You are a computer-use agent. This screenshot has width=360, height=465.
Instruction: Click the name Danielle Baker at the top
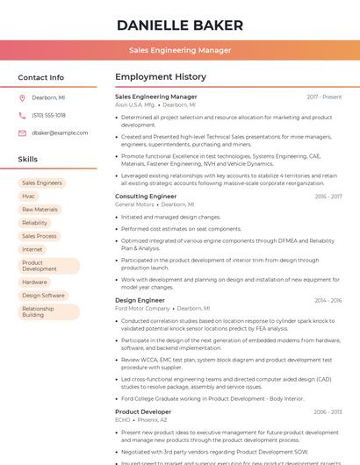coord(180,24)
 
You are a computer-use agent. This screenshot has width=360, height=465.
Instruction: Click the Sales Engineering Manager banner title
coord(180,50)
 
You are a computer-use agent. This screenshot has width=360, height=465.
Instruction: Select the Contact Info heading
coord(41,77)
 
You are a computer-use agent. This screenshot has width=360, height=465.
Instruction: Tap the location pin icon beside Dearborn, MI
coord(22,98)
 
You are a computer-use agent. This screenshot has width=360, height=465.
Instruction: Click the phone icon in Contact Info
coord(22,115)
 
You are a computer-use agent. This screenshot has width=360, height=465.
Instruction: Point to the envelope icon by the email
coord(22,132)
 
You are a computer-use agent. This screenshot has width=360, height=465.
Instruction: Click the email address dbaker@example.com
coord(60,132)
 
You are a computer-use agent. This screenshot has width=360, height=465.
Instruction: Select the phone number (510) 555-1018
coord(49,115)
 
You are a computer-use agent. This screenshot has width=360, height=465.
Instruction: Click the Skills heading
coord(28,160)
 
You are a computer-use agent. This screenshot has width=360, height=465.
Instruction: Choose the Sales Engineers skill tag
coord(42,183)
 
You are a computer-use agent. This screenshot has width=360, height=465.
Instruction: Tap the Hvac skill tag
coord(29,197)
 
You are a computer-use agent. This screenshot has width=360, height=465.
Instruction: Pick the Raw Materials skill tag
coord(40,210)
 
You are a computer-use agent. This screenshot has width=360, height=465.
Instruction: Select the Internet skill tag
coord(32,249)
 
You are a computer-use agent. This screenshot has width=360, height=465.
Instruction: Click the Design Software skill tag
coord(44,296)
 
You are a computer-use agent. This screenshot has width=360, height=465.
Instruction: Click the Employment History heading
coord(161,77)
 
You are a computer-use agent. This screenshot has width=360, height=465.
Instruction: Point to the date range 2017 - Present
coord(324,97)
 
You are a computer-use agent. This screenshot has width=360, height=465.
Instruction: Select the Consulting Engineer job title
coord(146,197)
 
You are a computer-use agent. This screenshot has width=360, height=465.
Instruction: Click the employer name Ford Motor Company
coord(142,309)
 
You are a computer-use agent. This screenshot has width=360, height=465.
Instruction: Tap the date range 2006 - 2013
coord(328,411)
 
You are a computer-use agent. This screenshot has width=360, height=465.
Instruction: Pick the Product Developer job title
coord(143,411)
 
